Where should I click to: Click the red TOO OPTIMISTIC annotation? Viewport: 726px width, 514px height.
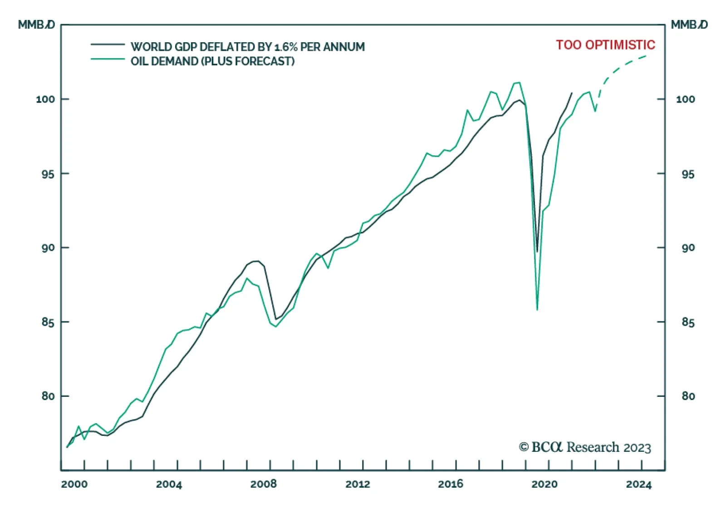pyautogui.click(x=605, y=45)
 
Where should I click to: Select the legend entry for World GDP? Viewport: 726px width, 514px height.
pyautogui.click(x=247, y=47)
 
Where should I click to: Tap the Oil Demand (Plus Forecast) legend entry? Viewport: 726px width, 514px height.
pyautogui.click(x=212, y=61)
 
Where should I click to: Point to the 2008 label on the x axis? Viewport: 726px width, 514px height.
pyautogui.click(x=264, y=484)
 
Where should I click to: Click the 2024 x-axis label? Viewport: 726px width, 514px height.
pyautogui.click(x=638, y=484)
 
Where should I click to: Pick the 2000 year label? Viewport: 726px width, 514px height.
pyautogui.click(x=74, y=484)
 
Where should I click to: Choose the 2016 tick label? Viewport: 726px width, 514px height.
pyautogui.click(x=451, y=484)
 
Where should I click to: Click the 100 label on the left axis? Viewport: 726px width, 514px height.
pyautogui.click(x=45, y=99)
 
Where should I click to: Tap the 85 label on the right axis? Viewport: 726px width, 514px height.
pyautogui.click(x=688, y=322)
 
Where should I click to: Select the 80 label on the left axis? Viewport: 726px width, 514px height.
pyautogui.click(x=48, y=396)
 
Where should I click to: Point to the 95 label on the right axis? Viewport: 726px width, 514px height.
pyautogui.click(x=688, y=174)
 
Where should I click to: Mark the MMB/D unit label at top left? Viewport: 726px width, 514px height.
pyautogui.click(x=36, y=25)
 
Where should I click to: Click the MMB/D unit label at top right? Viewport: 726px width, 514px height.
pyautogui.click(x=689, y=25)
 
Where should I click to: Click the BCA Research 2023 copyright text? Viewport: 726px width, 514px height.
pyautogui.click(x=585, y=447)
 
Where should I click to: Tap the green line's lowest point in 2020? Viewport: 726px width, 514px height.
pyautogui.click(x=537, y=310)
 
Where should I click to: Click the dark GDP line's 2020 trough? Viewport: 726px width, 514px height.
pyautogui.click(x=537, y=252)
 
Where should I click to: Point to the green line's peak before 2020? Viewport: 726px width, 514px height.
pyautogui.click(x=520, y=83)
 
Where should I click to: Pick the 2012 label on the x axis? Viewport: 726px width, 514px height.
pyautogui.click(x=358, y=484)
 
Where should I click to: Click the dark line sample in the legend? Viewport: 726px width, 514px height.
pyautogui.click(x=108, y=44)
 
